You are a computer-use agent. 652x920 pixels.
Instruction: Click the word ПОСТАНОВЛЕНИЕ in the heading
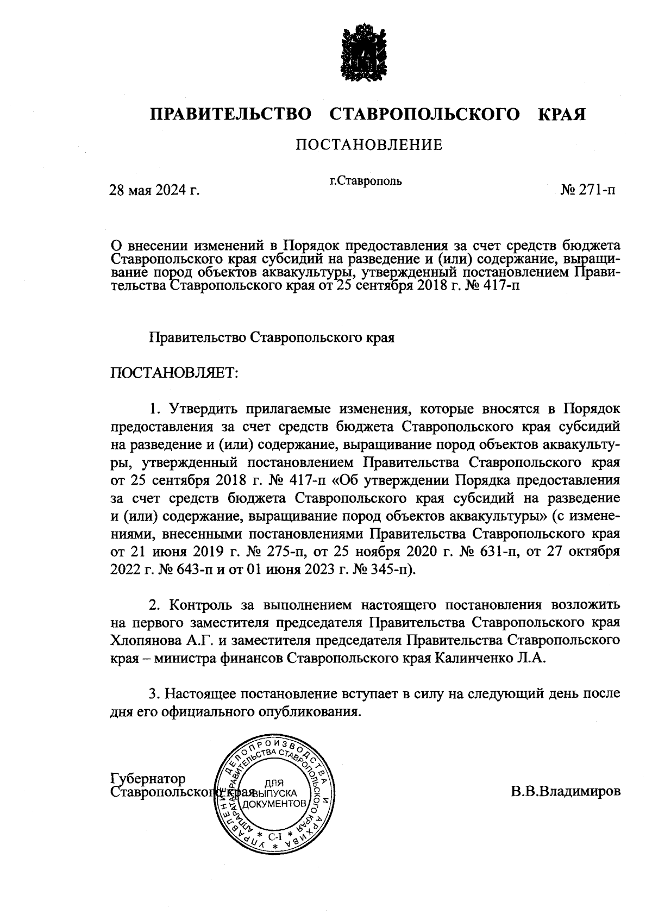coord(369,145)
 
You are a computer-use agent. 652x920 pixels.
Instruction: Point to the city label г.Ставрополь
coord(366,181)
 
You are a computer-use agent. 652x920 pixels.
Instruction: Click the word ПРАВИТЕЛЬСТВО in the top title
coord(231,115)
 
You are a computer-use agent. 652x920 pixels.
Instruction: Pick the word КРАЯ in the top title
coord(562,115)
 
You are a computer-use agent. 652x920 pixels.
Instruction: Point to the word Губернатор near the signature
coord(148,779)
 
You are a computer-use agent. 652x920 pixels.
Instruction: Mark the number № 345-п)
coord(381,570)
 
